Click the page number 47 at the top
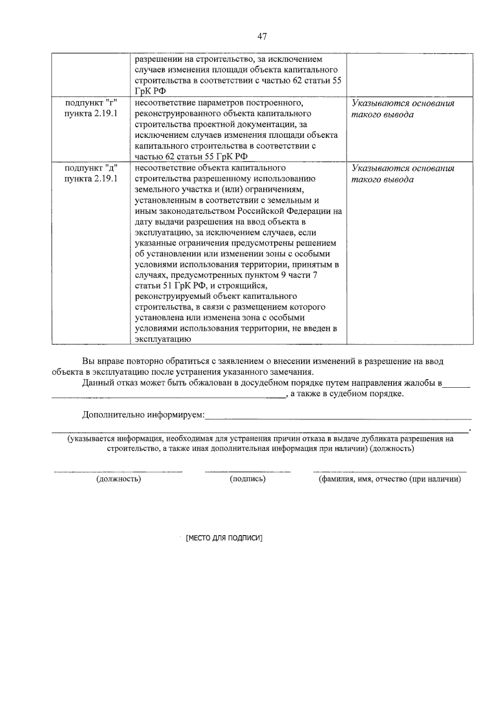tap(262, 37)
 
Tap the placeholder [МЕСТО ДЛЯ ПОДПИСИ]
tap(224, 539)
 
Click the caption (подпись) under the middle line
tap(248, 479)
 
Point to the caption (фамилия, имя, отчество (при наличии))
tap(390, 479)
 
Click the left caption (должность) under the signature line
tap(118, 479)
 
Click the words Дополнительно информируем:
tap(143, 415)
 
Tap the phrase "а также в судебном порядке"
tap(347, 394)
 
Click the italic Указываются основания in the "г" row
tap(403, 103)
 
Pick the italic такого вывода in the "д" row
tap(382, 180)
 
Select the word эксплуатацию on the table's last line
tap(163, 339)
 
